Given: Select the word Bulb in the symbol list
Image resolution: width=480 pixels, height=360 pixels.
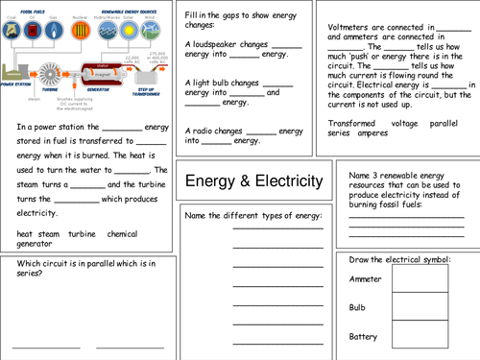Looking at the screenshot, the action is click(x=357, y=307).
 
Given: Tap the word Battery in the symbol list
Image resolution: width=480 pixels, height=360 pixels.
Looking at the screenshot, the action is click(x=363, y=336).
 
